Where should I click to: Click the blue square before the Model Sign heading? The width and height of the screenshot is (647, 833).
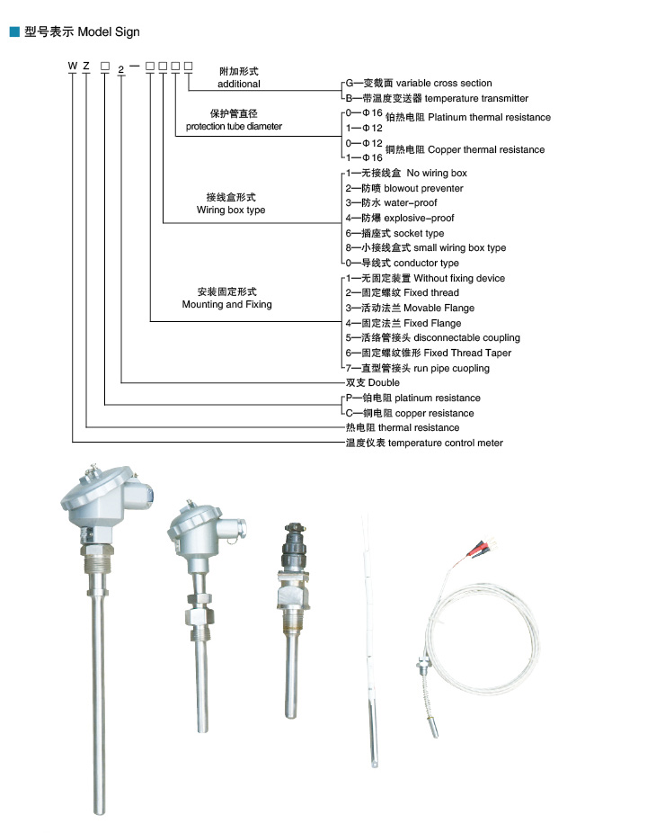click(x=15, y=31)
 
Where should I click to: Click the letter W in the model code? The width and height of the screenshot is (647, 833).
click(x=73, y=66)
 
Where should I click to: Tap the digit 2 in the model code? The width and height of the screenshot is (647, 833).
click(x=121, y=69)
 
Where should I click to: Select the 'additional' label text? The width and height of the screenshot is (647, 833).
click(x=239, y=84)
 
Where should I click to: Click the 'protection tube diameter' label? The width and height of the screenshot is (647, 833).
click(x=234, y=127)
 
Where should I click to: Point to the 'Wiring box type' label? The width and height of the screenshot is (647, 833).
click(x=231, y=210)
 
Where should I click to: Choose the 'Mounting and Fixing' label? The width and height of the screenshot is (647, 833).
click(x=227, y=304)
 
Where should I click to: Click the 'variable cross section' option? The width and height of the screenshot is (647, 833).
click(x=444, y=83)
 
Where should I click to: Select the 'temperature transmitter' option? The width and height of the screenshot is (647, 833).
click(x=476, y=98)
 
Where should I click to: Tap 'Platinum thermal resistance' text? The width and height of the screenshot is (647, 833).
click(x=490, y=117)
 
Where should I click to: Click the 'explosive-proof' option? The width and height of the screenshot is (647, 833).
click(x=419, y=218)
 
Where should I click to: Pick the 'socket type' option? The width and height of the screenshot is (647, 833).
click(x=419, y=233)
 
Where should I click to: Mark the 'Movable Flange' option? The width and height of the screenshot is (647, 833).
click(x=439, y=309)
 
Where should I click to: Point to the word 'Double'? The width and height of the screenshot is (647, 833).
click(x=384, y=382)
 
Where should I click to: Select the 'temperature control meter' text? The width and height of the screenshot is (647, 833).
click(x=446, y=443)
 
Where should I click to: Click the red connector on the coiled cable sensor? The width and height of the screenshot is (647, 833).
click(x=477, y=548)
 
